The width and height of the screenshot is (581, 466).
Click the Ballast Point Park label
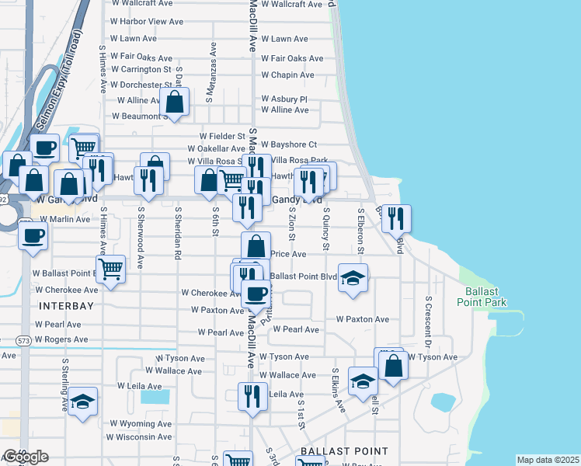pos(485,297)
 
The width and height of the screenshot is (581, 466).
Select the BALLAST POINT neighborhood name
pos(344,451)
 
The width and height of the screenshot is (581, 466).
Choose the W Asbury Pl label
pos(284,99)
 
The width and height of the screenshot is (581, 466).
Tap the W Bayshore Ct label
pos(289,144)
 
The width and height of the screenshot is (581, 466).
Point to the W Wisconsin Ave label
pos(139,437)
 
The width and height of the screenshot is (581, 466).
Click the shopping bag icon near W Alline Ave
pos(175,102)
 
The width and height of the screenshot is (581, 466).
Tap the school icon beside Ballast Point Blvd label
pos(353,278)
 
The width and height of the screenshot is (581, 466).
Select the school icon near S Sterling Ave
pos(82,402)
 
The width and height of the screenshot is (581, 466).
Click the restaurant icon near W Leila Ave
pos(252,396)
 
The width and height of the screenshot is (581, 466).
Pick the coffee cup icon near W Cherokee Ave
pos(256,294)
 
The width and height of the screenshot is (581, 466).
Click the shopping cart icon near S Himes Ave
pos(111,270)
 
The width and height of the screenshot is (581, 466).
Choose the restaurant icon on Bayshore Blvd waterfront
pos(395,218)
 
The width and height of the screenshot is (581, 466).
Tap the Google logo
pos(25,457)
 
